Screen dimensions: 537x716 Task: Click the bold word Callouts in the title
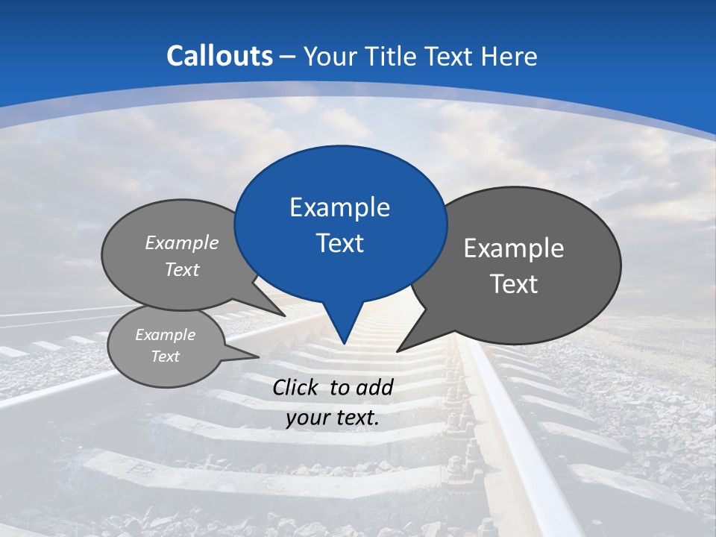[x=220, y=56]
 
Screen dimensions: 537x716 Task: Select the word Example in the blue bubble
[x=339, y=207]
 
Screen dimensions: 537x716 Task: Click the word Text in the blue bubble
[x=339, y=243]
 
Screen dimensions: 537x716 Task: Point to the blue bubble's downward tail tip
[x=343, y=342]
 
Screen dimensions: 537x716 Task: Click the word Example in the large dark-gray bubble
[x=514, y=248]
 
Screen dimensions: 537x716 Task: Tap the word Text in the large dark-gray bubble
[x=514, y=284]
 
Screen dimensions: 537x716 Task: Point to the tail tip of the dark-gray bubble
[x=398, y=351]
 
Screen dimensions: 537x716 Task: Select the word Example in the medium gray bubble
[x=182, y=242]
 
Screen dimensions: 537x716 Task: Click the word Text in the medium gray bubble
[x=182, y=269]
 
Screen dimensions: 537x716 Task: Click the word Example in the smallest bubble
[x=165, y=335]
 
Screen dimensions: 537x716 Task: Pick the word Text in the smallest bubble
[x=165, y=357]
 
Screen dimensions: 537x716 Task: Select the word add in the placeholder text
[x=374, y=387]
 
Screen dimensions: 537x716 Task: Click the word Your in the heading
[x=330, y=56]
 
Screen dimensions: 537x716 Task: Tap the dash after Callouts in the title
[x=288, y=57]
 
